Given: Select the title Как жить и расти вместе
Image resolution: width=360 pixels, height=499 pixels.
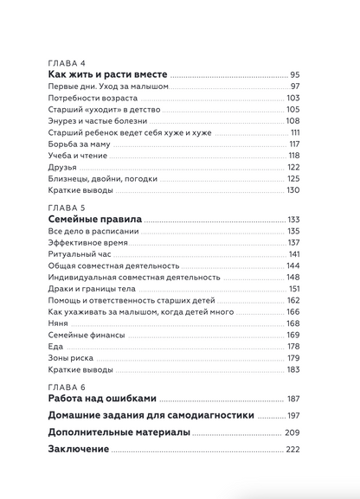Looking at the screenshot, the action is point(107,75).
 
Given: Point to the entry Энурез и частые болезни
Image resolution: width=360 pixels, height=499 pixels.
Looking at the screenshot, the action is point(95,121).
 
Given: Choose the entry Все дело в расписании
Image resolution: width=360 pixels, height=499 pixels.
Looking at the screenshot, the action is point(93,232).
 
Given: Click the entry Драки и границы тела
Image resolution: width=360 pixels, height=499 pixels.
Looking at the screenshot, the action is point(88,289).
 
